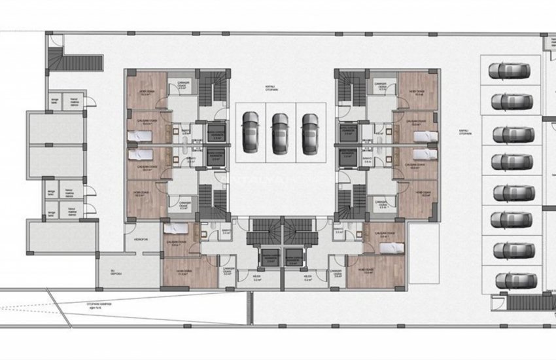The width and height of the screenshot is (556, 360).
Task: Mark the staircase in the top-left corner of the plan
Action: pos(83,63)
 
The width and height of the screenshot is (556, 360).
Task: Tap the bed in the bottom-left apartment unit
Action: pos(177,229)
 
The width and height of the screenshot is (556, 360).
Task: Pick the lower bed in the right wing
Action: pos(416,155)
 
